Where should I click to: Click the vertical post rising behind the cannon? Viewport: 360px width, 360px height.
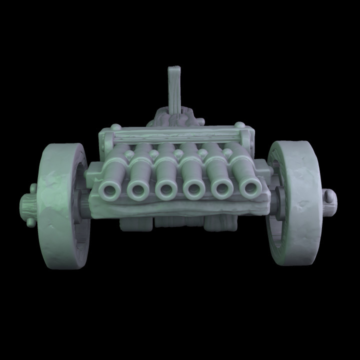tap(174, 90)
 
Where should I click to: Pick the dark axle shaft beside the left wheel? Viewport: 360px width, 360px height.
tap(82, 205)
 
